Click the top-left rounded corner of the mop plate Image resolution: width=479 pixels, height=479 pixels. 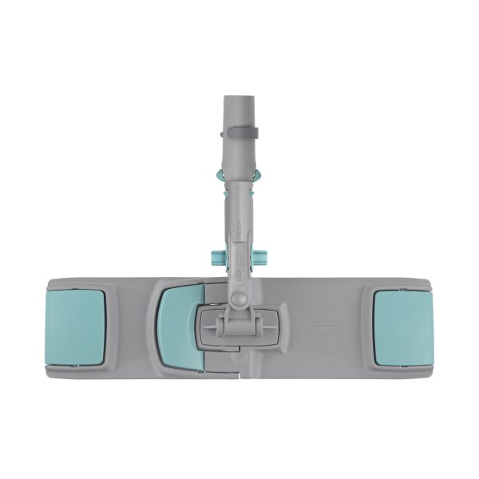tap(56, 279)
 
